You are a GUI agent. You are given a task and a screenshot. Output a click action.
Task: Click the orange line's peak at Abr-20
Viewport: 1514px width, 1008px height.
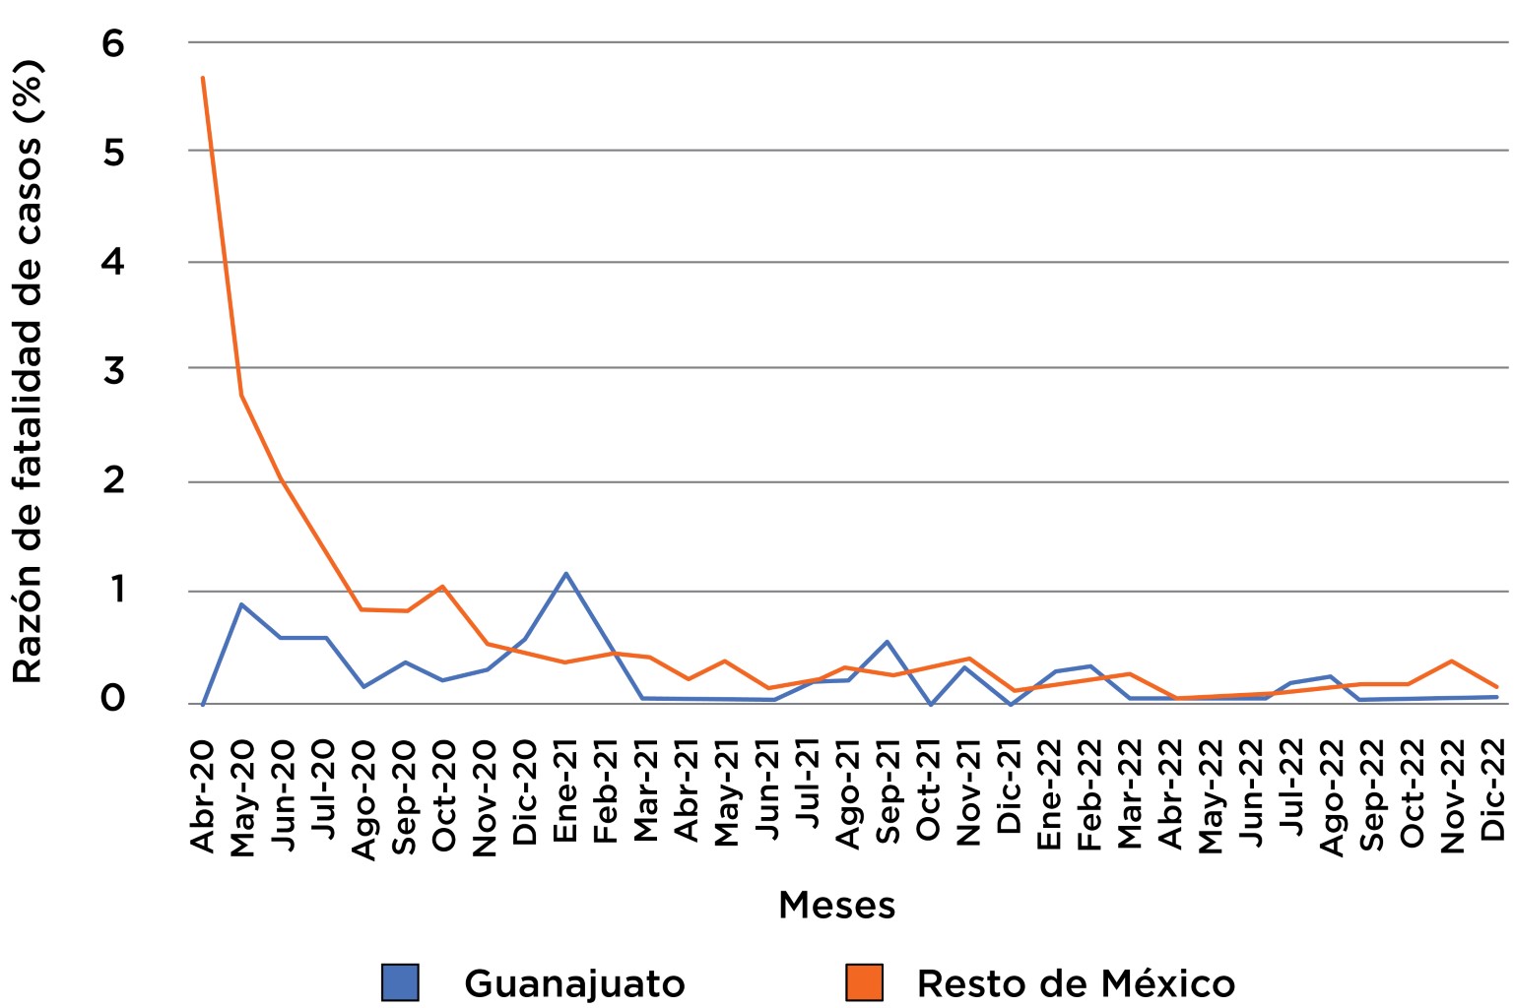coord(202,77)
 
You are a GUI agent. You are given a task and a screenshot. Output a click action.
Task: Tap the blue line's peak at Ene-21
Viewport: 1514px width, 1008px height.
coord(565,573)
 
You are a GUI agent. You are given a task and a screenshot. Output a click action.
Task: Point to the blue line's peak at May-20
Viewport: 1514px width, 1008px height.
coord(241,604)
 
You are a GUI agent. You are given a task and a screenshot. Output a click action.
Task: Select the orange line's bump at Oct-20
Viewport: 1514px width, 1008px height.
coord(442,587)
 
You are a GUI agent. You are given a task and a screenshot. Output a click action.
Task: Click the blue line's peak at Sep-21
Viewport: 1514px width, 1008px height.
coord(888,642)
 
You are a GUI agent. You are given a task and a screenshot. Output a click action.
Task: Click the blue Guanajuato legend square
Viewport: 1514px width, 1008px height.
coord(400,982)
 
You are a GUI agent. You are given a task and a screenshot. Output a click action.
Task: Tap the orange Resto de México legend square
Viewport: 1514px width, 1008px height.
coord(864,982)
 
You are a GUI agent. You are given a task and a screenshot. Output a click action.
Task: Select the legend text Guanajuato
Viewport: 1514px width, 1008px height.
coord(574,983)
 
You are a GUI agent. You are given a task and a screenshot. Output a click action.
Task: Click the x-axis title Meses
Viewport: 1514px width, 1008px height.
coord(836,905)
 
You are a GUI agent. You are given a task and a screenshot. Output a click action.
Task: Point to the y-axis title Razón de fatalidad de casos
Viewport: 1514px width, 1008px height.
coord(28,372)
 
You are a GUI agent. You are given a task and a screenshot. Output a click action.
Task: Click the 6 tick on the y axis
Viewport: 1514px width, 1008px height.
coord(113,43)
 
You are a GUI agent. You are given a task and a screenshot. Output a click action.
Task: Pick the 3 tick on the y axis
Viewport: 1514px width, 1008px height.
coord(113,371)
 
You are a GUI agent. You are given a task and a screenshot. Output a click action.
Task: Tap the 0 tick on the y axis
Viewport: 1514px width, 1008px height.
coord(113,699)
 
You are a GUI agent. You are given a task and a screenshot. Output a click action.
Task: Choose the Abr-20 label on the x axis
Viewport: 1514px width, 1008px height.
coord(202,797)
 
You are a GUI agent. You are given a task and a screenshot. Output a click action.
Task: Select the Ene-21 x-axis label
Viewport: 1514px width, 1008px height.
coord(565,792)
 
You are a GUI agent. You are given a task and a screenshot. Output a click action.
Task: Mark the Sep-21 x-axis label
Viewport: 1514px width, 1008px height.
coord(888,794)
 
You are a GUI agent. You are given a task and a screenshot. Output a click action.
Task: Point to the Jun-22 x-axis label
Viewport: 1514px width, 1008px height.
coord(1251,794)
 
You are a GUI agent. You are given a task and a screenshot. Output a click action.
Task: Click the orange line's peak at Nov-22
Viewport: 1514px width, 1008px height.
coord(1452,661)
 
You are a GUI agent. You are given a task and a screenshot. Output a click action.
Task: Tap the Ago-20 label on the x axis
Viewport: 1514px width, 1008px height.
coord(363,799)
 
